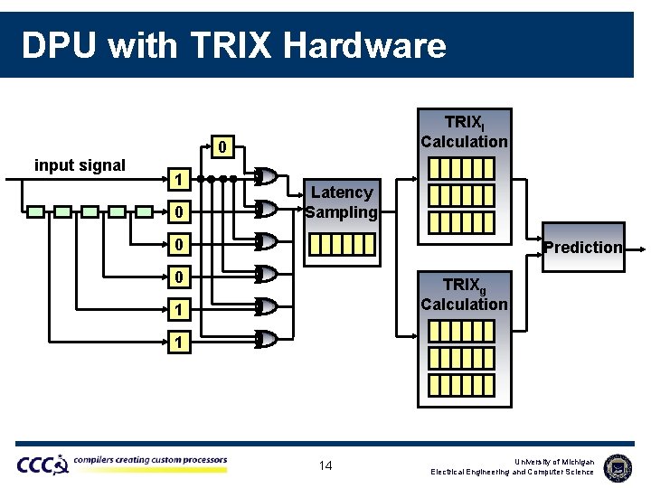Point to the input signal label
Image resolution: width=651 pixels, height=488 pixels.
point(80,164)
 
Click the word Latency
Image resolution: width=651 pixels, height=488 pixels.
point(342,192)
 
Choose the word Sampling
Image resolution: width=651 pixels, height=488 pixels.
point(341,212)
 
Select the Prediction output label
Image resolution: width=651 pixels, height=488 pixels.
point(583,247)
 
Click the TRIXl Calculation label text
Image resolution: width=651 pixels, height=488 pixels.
point(464,132)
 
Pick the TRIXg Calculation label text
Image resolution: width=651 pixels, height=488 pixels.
point(464,295)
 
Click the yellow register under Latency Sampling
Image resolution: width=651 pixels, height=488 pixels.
point(342,244)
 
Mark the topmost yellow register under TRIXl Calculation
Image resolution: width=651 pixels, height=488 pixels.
point(461,168)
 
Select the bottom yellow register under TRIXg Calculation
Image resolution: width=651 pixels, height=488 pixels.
point(461,383)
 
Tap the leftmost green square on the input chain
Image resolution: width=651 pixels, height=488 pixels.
point(35,211)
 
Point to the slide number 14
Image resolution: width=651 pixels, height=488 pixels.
point(325,465)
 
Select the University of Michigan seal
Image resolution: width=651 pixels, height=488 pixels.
point(618,466)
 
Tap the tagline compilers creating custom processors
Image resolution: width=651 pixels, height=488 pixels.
point(150,460)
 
